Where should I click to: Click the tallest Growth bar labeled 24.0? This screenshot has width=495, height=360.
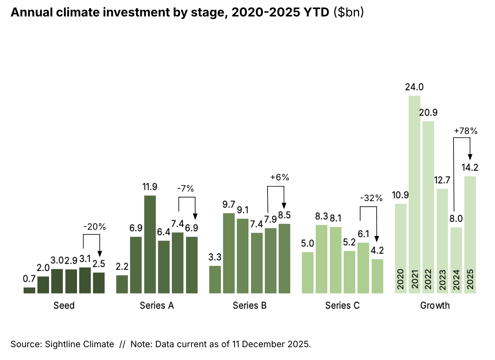click(x=414, y=194)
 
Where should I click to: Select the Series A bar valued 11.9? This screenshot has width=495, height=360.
click(x=150, y=244)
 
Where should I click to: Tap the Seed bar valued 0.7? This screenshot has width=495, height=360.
click(x=29, y=290)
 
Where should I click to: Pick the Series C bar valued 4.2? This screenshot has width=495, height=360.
click(x=377, y=276)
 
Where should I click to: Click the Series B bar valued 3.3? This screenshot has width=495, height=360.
click(x=215, y=279)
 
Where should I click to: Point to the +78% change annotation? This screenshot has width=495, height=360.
click(x=465, y=131)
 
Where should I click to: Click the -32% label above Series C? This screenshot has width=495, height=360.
click(x=371, y=198)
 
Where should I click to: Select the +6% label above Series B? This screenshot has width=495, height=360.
click(x=279, y=177)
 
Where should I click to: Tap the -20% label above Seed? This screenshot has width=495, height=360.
click(x=94, y=227)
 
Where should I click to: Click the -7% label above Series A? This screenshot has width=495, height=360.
click(x=185, y=189)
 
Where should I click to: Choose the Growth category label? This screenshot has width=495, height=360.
click(x=435, y=305)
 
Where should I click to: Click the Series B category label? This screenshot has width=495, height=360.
click(x=249, y=305)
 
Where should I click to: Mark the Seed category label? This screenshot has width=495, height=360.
click(x=64, y=305)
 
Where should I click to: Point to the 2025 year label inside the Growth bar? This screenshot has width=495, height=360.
click(x=470, y=279)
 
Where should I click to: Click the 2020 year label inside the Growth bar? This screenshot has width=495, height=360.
click(x=401, y=279)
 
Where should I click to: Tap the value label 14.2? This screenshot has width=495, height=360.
click(x=470, y=167)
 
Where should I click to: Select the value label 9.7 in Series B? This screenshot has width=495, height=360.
click(x=229, y=204)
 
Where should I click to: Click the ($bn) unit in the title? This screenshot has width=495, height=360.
click(x=349, y=12)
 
